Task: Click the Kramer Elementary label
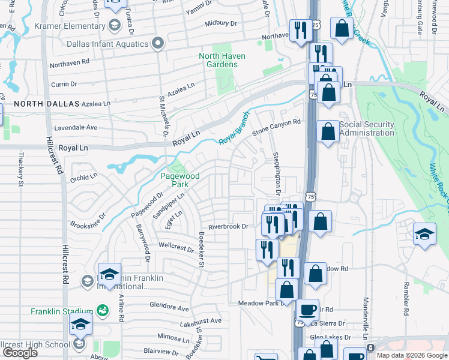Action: (70, 26)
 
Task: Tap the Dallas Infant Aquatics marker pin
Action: (158, 43)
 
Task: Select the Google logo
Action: (19, 353)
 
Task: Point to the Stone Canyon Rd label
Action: (276, 127)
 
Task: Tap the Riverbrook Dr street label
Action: (228, 227)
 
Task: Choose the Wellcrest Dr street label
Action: (176, 247)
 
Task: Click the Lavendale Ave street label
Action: (76, 128)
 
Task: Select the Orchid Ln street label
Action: (84, 177)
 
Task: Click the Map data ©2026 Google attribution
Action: (411, 355)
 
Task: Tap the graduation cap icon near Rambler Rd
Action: (424, 233)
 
